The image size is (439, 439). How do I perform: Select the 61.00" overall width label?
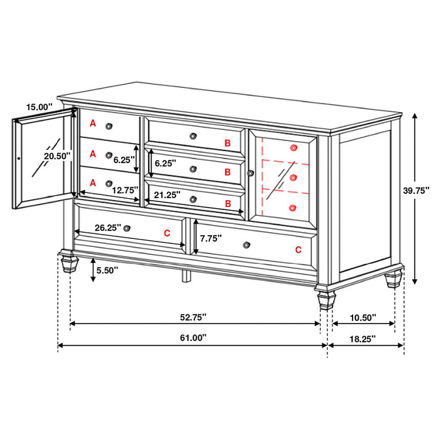pos(193,337)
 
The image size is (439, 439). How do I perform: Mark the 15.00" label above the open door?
pos(39,107)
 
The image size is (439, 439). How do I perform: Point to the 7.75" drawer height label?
pos(212,239)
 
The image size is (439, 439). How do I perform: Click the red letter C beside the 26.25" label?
pos(167,233)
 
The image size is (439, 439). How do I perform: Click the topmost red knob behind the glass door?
pos(293,147)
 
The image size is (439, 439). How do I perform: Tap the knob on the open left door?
pos(19,159)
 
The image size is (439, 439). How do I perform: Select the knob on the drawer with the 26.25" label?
pos(127,228)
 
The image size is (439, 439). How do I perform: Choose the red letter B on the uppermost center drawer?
pos(228,144)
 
